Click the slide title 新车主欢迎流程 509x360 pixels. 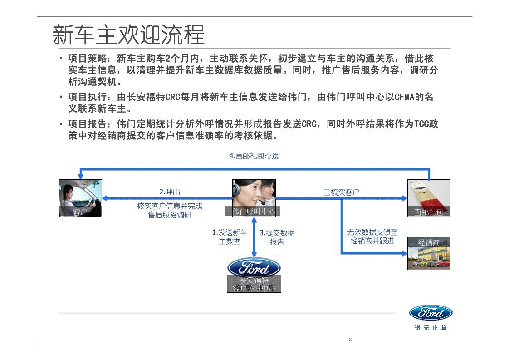pyautogui.click(x=128, y=35)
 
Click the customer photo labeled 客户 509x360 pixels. pyautogui.click(x=80, y=197)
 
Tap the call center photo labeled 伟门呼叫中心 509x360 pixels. pyautogui.click(x=254, y=197)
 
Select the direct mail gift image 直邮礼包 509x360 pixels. pyautogui.click(x=429, y=197)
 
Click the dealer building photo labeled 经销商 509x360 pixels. pyautogui.click(x=429, y=253)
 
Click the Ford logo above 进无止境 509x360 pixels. pyautogui.click(x=431, y=313)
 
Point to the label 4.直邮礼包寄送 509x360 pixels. pyautogui.click(x=254, y=156)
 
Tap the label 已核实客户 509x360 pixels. pyautogui.click(x=341, y=192)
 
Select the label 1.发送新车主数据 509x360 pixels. pyautogui.click(x=230, y=237)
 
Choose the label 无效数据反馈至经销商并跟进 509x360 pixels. pyautogui.click(x=372, y=237)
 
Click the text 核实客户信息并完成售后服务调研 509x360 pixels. pyautogui.click(x=170, y=210)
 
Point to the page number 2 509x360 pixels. pyautogui.click(x=350, y=340)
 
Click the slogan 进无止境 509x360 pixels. pyautogui.click(x=431, y=328)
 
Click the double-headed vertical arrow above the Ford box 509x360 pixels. pyautogui.click(x=254, y=237)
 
